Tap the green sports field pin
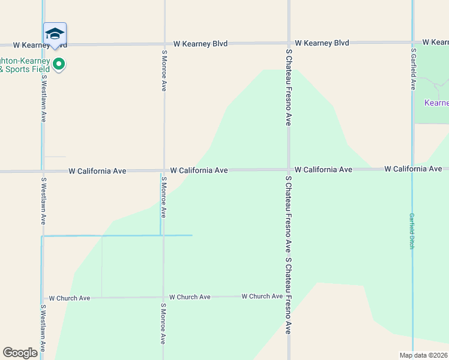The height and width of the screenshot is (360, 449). point(59,64)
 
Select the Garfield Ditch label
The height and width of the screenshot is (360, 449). point(412,231)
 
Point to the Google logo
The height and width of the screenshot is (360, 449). point(20,353)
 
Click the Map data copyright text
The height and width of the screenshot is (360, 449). point(424,355)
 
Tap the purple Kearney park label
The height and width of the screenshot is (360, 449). point(436,103)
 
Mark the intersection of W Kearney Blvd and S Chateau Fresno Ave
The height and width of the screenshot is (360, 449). point(289,43)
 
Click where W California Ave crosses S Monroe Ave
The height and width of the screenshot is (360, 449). point(164,171)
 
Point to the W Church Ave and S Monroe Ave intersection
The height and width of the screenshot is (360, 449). point(163,297)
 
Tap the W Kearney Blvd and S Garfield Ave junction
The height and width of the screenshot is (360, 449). point(412,43)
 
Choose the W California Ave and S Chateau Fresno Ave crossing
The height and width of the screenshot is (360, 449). point(289,170)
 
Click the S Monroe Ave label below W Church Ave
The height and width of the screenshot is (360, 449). point(163,323)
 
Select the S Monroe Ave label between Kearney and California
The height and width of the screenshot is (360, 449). point(164,70)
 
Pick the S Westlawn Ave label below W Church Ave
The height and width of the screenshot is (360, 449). point(43,329)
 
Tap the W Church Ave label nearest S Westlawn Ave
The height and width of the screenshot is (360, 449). point(70,298)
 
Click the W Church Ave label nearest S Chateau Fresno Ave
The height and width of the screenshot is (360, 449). point(262,296)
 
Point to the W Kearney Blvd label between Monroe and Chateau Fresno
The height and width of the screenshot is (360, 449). point(200,44)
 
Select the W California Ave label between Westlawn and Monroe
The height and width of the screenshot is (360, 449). point(97,171)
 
